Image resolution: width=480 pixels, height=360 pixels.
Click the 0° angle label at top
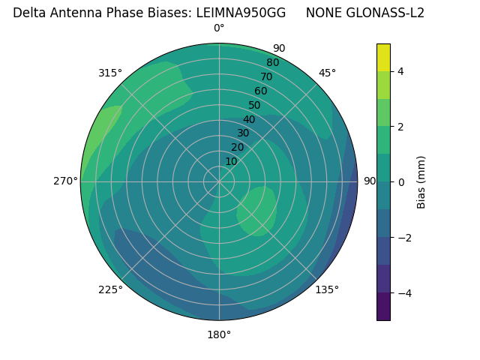pyautogui.click(x=219, y=28)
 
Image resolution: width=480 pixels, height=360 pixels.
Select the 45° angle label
pyautogui.click(x=327, y=73)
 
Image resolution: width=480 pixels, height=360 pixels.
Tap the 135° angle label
pyautogui.click(x=327, y=289)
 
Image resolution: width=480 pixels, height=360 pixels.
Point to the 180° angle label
pyautogui.click(x=219, y=334)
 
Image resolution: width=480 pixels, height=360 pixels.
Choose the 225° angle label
pyautogui.click(x=110, y=289)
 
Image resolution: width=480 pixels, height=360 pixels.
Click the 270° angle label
pyautogui.click(x=65, y=181)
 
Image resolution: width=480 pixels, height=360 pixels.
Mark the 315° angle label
pyautogui.click(x=110, y=73)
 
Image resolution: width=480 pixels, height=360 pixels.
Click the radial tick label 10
pyautogui.click(x=231, y=161)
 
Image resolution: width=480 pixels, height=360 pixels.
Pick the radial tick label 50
pyautogui.click(x=254, y=105)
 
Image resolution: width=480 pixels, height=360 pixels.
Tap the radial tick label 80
pyautogui.click(x=272, y=62)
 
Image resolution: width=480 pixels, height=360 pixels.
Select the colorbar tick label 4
pyautogui.click(x=400, y=71)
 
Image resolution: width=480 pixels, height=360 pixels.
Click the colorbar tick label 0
pyautogui.click(x=400, y=182)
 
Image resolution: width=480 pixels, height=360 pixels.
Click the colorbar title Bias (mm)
pyautogui.click(x=421, y=182)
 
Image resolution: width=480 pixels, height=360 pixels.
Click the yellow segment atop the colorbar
pyautogui.click(x=383, y=57)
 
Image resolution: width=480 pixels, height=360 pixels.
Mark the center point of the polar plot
pyautogui.click(x=219, y=181)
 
